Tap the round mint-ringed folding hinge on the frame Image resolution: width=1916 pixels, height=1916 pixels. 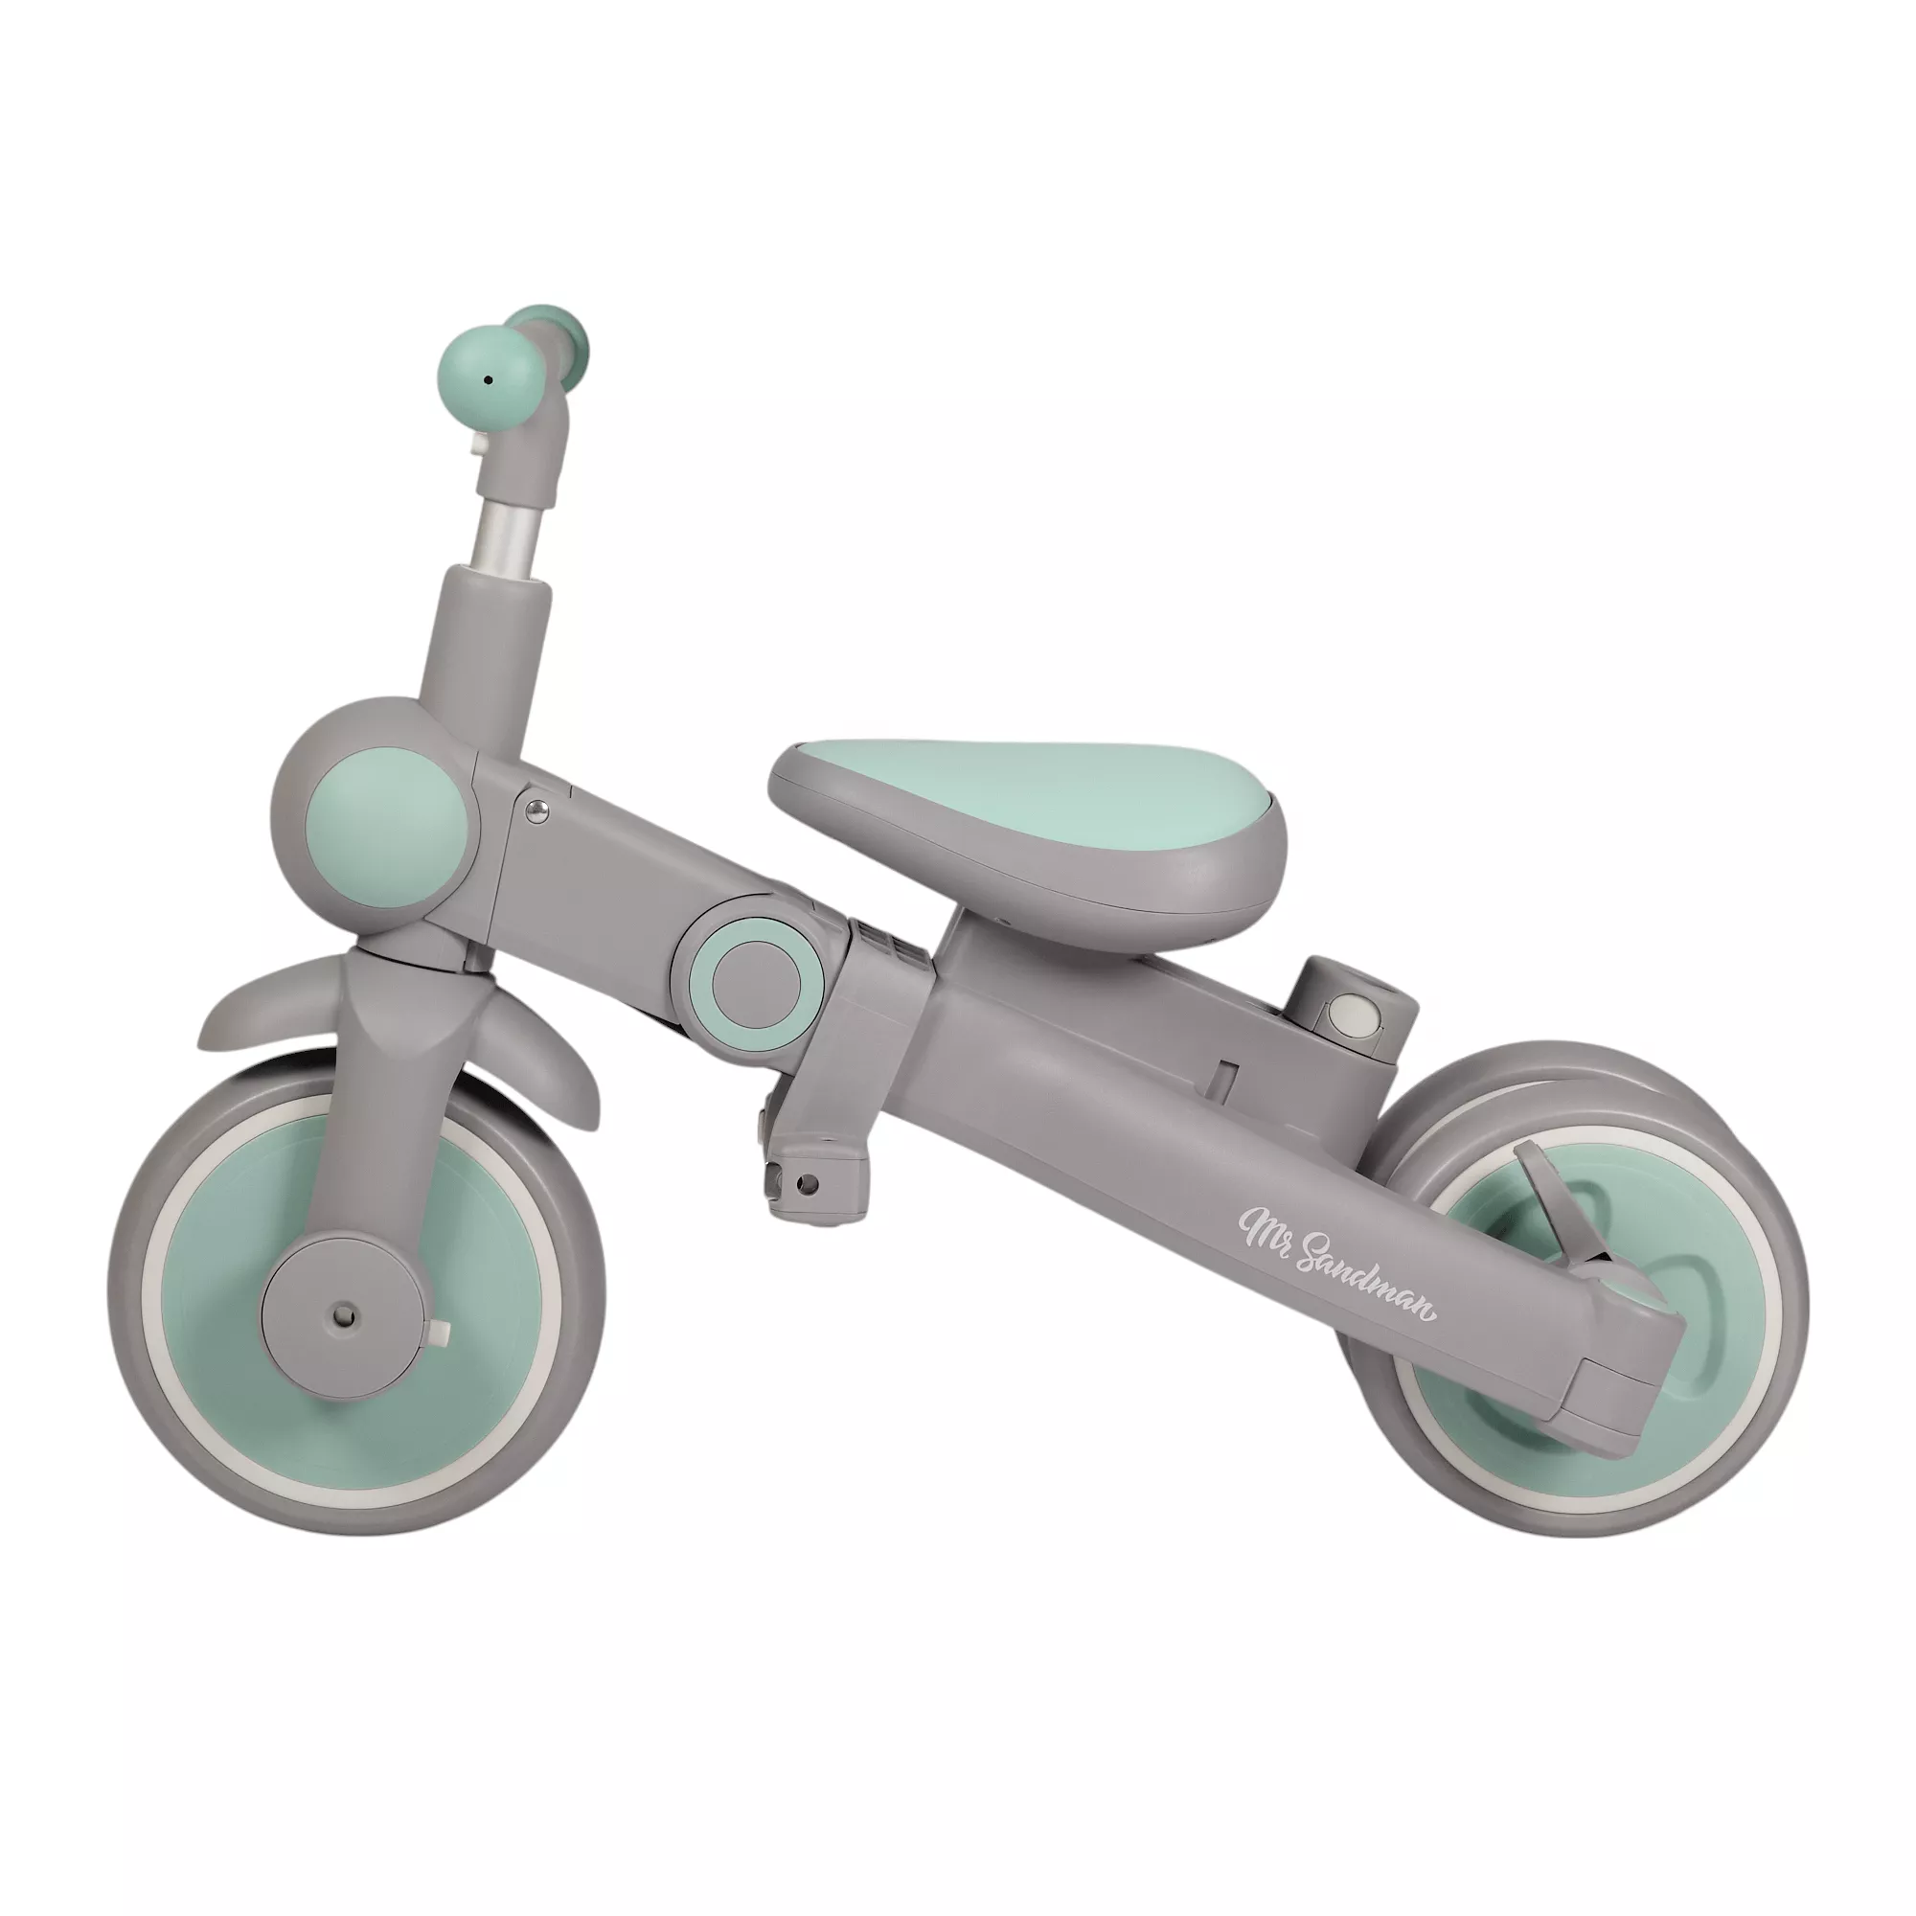coord(755,974)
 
